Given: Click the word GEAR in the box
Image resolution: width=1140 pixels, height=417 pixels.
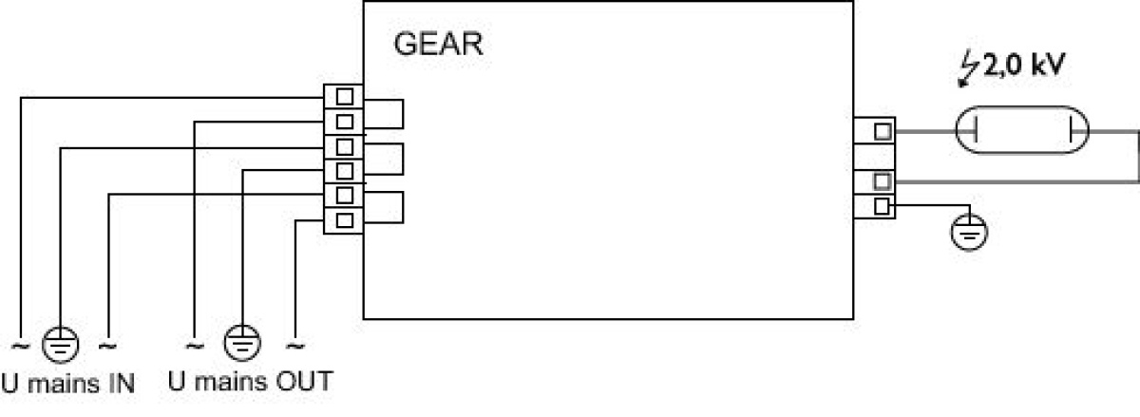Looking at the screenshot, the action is coord(438,45).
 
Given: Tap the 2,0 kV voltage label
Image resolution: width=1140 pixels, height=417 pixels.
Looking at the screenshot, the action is coord(1023,66).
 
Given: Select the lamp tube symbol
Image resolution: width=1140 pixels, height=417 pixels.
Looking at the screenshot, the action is coord(1022,130).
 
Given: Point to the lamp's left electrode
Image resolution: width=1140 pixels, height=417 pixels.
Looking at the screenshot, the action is coord(975,130).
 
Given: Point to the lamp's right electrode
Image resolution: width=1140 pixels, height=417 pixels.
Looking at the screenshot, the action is coord(1072,130).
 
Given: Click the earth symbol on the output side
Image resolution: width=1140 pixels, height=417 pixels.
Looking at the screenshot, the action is coord(969,232).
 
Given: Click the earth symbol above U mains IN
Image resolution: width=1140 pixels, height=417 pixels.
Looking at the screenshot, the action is coord(60,345).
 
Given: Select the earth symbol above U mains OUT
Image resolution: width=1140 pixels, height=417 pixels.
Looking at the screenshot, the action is coord(242,342).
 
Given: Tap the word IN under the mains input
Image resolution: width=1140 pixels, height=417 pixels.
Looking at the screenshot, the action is coord(122,384).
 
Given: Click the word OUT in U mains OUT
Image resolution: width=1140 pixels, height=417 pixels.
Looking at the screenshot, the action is coord(304,381).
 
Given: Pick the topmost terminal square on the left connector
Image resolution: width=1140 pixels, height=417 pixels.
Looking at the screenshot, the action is coord(345,97).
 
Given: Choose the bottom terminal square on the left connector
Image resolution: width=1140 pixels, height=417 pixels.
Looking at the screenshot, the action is coord(345,220).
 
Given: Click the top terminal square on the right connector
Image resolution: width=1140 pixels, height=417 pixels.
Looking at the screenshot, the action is coord(883,131).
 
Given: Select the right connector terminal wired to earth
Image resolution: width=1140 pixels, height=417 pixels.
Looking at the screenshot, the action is coord(882,206).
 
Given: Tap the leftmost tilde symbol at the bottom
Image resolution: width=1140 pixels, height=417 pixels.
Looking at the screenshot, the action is coord(21,346).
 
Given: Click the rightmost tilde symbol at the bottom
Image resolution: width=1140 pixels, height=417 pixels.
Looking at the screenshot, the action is coord(295,346).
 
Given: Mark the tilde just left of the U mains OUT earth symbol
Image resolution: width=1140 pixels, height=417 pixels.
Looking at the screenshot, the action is coord(195,346).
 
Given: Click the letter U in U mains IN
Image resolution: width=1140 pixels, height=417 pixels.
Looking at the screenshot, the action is coord(9,384).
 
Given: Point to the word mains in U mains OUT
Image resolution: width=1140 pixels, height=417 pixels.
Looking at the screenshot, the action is coord(231,382).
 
